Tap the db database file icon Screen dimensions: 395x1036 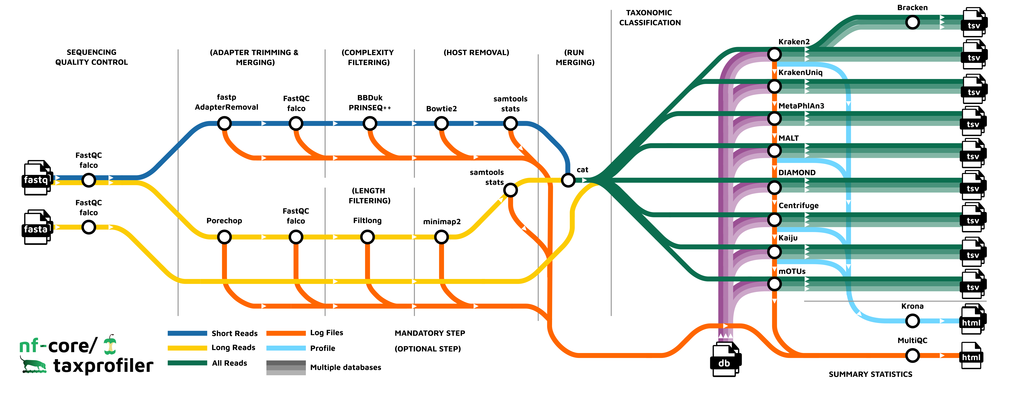coord(725,360)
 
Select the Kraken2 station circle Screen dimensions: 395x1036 coord(774,54)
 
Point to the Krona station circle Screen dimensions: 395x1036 coord(912,321)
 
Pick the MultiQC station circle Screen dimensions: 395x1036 coord(912,356)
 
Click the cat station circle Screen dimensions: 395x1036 coord(568,180)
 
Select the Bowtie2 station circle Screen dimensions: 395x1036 coord(441,123)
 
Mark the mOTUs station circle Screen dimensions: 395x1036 coord(774,284)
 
